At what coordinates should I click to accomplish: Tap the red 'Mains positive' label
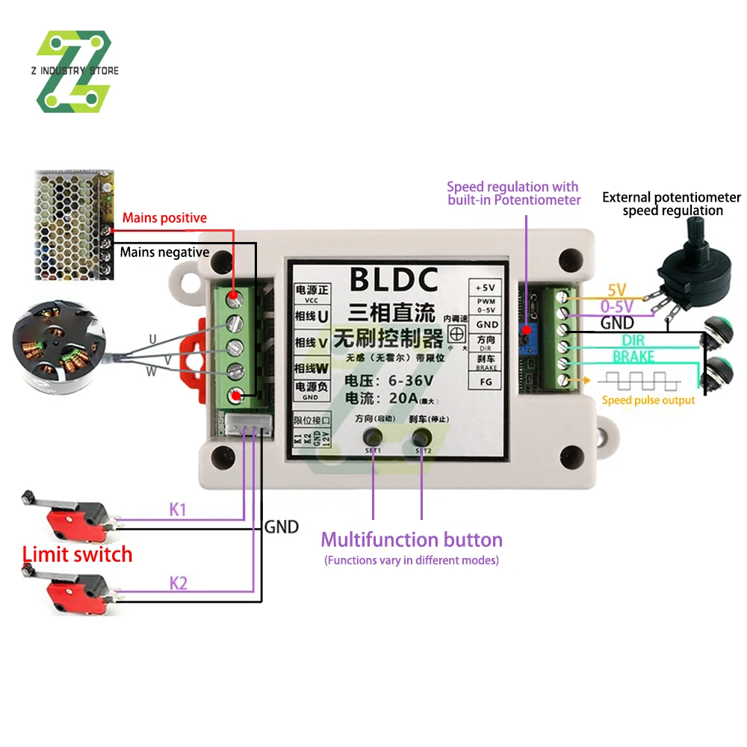tap(164, 218)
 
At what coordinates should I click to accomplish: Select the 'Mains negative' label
tap(164, 252)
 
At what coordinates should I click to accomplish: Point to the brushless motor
tap(56, 351)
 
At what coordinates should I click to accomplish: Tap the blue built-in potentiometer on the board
tap(527, 329)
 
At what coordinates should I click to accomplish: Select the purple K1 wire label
tap(178, 510)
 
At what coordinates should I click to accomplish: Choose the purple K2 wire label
tap(178, 583)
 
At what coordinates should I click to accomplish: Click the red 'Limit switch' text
tap(77, 554)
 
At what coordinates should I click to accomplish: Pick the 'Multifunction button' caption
tap(412, 540)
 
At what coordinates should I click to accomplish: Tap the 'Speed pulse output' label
tap(648, 400)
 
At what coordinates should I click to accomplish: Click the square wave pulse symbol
tap(642, 381)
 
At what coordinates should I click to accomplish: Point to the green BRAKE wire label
tap(633, 357)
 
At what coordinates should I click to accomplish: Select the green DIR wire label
tap(627, 341)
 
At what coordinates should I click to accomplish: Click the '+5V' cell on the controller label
tap(487, 288)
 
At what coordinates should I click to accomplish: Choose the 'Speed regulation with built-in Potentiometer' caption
tap(513, 193)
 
